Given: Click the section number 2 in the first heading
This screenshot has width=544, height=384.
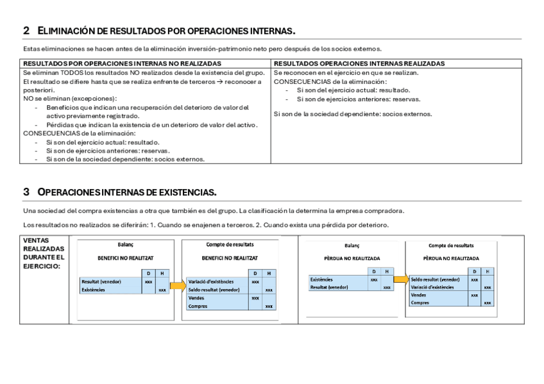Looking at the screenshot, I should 26,31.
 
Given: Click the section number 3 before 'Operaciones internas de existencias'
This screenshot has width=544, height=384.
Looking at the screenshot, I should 26,192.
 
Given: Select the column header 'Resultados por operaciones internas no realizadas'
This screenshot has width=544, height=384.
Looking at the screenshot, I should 123,64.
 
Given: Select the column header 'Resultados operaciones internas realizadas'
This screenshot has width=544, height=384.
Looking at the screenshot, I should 359,64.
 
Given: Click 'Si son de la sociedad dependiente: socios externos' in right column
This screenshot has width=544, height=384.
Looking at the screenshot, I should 353,114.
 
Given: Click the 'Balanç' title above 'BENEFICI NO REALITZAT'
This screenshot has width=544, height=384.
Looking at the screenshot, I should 126,245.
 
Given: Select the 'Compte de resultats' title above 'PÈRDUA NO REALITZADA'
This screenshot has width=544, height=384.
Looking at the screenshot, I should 451,246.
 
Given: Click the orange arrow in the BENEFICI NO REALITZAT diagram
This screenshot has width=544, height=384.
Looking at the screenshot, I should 177,285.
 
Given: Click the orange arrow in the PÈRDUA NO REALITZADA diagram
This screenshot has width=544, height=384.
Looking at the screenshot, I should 401,280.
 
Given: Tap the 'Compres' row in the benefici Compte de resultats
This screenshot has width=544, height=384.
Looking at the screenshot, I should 198,306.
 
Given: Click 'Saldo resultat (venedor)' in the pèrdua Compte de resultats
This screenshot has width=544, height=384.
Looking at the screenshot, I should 436,280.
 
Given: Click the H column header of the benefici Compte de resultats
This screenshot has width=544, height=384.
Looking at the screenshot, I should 269,273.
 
